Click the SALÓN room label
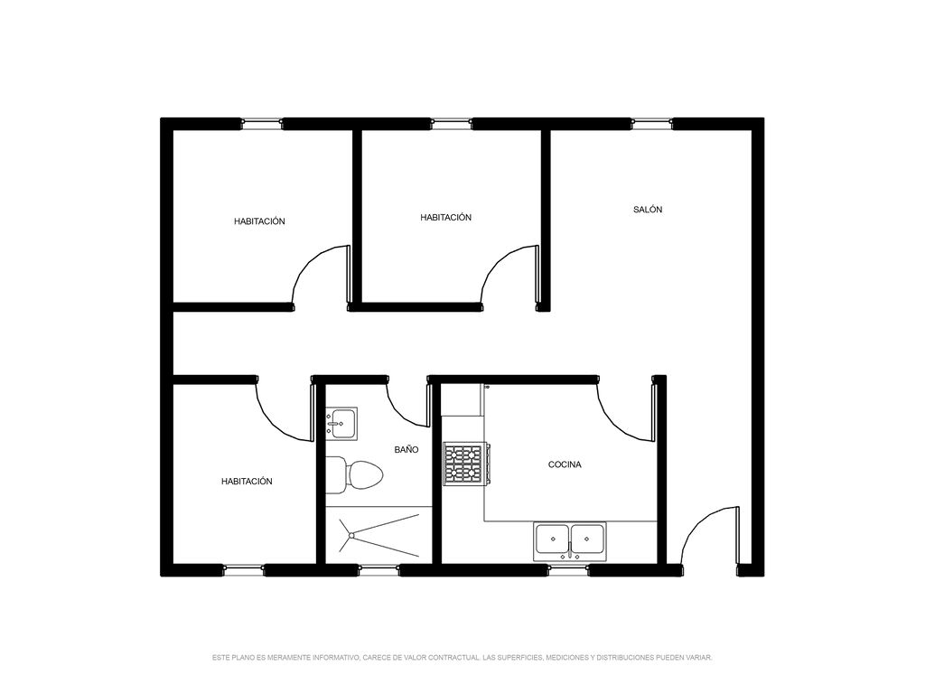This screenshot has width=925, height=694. (648, 210)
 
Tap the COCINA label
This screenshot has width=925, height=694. (565, 464)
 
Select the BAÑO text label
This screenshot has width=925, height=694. (406, 450)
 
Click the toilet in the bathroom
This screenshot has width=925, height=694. (354, 475)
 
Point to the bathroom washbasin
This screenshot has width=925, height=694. (341, 423)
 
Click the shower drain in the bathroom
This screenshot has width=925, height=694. (351, 535)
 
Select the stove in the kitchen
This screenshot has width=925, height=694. (466, 464)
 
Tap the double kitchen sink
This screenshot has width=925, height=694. (570, 541)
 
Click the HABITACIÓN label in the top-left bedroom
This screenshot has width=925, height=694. (259, 221)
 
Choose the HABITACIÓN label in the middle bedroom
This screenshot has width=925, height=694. (446, 217)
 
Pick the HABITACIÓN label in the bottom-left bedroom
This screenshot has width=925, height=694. (247, 482)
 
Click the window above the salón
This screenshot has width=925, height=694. (651, 124)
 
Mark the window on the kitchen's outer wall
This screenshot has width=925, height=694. (568, 570)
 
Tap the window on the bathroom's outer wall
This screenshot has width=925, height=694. (378, 570)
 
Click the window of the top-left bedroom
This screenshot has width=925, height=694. (262, 124)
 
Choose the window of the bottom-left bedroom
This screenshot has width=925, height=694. (244, 570)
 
